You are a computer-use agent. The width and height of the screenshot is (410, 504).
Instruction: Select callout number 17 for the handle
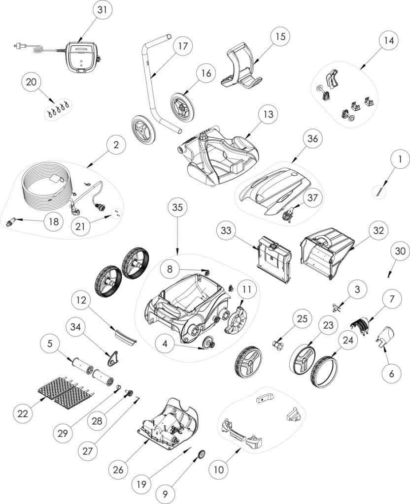[183, 46]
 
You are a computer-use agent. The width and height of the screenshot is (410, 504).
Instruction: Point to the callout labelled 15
[280, 36]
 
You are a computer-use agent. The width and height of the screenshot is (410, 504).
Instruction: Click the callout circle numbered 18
[54, 221]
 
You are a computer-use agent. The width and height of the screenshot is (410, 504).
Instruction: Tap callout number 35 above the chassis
[177, 207]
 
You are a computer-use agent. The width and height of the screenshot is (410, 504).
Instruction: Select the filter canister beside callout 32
[328, 252]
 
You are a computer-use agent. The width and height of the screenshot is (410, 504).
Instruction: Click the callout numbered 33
[226, 230]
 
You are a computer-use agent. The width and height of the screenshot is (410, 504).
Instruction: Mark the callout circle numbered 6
[391, 374]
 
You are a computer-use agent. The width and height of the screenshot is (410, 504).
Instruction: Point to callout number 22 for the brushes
[23, 413]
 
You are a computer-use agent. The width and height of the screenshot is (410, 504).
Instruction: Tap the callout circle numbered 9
[165, 494]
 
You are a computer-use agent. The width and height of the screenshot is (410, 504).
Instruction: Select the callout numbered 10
[218, 470]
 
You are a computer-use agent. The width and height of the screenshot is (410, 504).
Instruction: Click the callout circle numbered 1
[400, 159]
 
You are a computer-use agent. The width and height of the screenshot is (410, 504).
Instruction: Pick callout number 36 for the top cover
[312, 138]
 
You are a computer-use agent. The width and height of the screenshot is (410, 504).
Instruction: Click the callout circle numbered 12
[81, 300]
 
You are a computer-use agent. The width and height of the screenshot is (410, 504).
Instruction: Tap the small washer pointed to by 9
[202, 454]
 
